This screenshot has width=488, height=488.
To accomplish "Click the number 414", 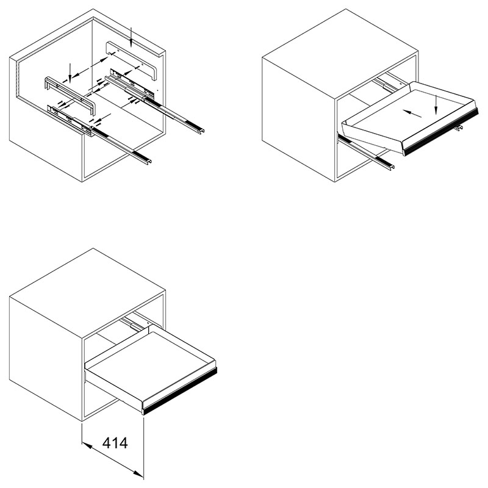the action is pyautogui.click(x=115, y=443).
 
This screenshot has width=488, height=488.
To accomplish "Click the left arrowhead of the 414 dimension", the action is pyautogui.click(x=87, y=446).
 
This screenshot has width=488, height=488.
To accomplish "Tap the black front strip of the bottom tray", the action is pyautogui.click(x=180, y=391).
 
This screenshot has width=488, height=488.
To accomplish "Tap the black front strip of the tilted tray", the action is pyautogui.click(x=441, y=132).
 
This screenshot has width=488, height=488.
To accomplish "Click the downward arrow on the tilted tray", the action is pyautogui.click(x=436, y=105).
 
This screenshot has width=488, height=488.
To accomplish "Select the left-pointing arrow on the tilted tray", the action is pyautogui.click(x=412, y=113).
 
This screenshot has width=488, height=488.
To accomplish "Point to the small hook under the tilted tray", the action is pyautogui.click(x=458, y=127).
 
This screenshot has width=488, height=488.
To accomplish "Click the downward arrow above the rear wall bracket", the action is pyautogui.click(x=131, y=37).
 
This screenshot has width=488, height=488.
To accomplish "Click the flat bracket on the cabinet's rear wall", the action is pyautogui.click(x=132, y=60).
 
